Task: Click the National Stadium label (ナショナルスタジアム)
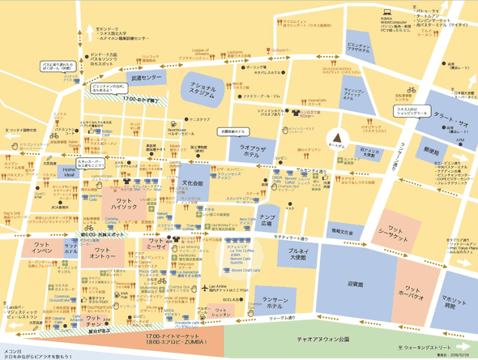(207, 87)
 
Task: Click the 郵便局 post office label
(430, 151)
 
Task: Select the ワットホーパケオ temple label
(412, 292)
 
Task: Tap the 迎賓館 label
(355, 284)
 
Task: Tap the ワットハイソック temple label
(125, 204)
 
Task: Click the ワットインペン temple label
(42, 246)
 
